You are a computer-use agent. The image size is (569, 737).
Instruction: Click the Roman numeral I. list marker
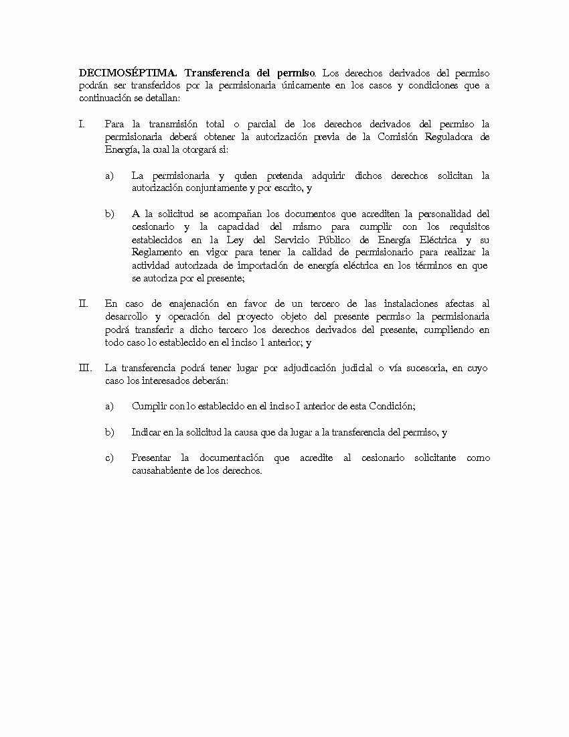[82, 124]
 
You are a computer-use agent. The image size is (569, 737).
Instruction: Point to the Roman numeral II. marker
[83, 304]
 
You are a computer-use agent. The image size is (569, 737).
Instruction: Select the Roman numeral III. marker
[84, 368]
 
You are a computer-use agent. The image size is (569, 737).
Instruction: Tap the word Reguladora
[455, 137]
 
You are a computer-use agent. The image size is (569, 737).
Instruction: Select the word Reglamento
[157, 252]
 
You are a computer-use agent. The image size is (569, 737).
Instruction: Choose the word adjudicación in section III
[312, 368]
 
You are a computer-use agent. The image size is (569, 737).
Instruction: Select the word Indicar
[147, 432]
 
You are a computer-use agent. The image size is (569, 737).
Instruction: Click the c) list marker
[109, 458]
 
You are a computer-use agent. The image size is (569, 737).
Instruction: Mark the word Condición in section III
[391, 407]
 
